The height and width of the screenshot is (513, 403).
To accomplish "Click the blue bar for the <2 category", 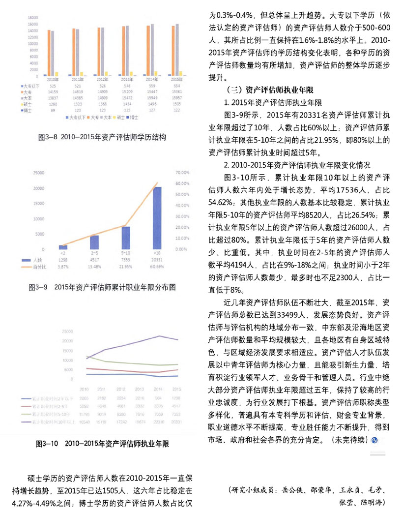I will [x=63, y=247].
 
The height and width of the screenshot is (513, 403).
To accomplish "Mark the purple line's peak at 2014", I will [x=158, y=336].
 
